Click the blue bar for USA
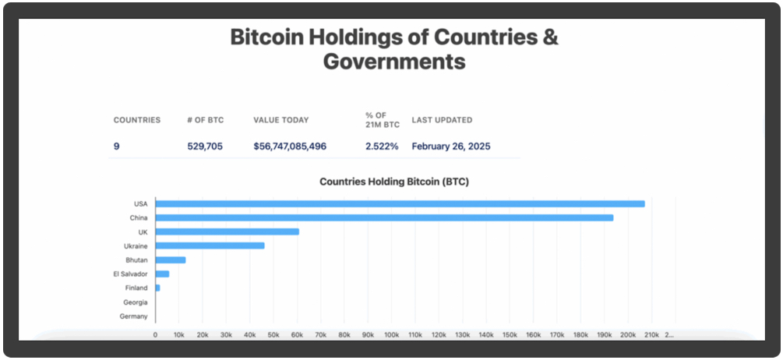point(400,204)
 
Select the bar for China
point(384,218)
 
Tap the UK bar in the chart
point(227,232)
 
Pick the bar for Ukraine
point(210,246)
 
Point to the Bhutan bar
point(171,260)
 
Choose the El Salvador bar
point(162,274)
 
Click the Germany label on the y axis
point(135,316)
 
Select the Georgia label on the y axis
point(136,302)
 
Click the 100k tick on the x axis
point(391,334)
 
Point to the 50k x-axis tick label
point(273,334)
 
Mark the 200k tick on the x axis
point(628,334)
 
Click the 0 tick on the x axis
point(155,334)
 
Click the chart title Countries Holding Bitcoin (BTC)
point(394,182)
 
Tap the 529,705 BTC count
point(205,146)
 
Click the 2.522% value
point(382,146)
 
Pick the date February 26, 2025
point(451,146)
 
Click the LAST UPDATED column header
point(442,120)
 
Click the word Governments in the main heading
point(394,62)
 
